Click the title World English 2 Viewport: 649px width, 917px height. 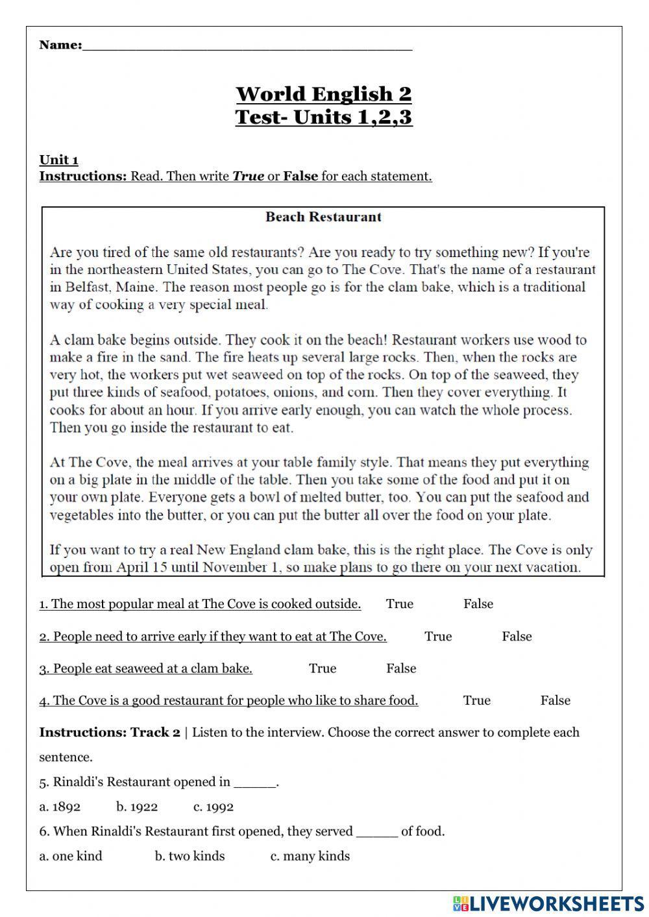tap(324, 94)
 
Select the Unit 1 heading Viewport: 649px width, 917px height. tap(59, 160)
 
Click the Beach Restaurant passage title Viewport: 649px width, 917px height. tap(323, 217)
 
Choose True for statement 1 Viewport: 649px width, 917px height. tap(399, 604)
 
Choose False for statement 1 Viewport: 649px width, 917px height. tap(478, 604)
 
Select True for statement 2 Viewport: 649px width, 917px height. tap(438, 637)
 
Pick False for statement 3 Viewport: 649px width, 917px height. tap(401, 668)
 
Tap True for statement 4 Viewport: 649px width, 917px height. tap(477, 700)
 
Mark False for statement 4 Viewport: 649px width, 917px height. tap(556, 700)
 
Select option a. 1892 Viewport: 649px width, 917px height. tap(60, 807)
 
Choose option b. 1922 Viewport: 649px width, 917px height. tap(137, 807)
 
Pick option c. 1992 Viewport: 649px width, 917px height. tap(214, 807)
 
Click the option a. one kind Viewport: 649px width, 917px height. tap(71, 856)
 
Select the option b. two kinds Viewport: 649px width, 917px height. tap(190, 856)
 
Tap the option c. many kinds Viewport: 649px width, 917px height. tap(310, 856)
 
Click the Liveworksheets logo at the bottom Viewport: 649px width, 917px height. tap(548, 903)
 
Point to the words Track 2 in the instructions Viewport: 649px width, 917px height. tap(155, 733)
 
